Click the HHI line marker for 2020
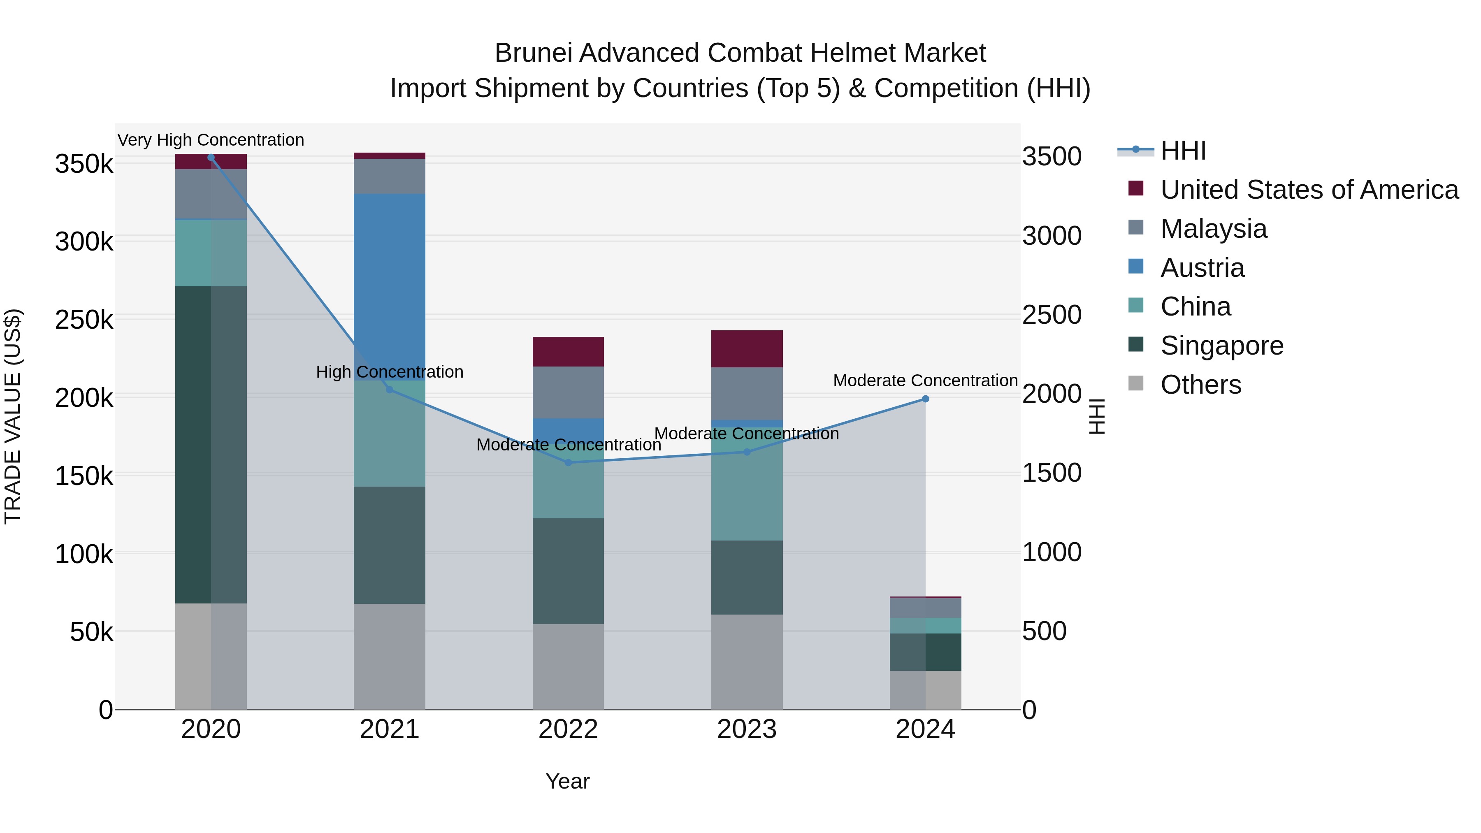(211, 158)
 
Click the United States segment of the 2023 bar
(747, 349)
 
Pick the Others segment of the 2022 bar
(568, 666)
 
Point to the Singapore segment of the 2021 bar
(389, 545)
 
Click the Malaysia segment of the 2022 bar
(568, 393)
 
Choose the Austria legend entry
(1202, 268)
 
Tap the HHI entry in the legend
(1183, 151)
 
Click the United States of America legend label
(1309, 190)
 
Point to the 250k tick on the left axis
(84, 320)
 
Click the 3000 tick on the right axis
(1052, 236)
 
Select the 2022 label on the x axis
(568, 729)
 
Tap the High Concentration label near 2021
(389, 372)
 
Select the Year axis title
(567, 781)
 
